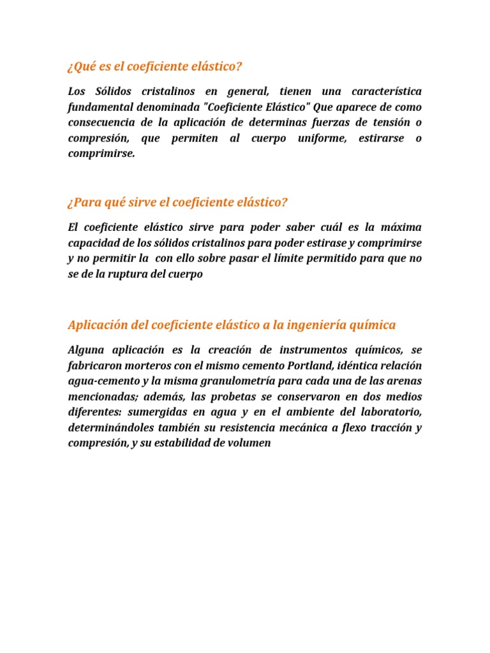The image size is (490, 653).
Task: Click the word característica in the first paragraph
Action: (x=382, y=92)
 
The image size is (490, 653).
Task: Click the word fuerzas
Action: (x=327, y=122)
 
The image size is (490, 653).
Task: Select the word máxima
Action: (x=400, y=228)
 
